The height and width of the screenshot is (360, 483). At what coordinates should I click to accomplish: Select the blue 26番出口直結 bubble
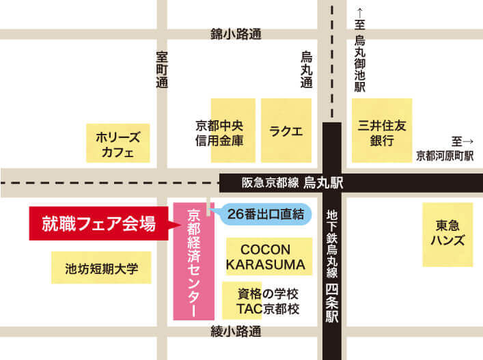(264, 214)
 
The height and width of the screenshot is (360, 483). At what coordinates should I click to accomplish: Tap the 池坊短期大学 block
(102, 268)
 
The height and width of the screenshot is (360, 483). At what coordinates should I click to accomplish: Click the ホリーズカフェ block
(116, 144)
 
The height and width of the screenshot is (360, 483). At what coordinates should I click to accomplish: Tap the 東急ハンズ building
(447, 233)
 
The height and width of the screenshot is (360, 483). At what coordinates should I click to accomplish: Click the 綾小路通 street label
(237, 333)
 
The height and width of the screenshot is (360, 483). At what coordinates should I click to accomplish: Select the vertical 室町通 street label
(162, 70)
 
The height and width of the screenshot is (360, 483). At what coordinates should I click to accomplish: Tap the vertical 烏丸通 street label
(307, 70)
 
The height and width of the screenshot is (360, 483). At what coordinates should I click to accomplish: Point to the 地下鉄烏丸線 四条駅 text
(332, 266)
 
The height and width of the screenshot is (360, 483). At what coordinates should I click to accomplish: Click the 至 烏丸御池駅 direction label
(360, 51)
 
